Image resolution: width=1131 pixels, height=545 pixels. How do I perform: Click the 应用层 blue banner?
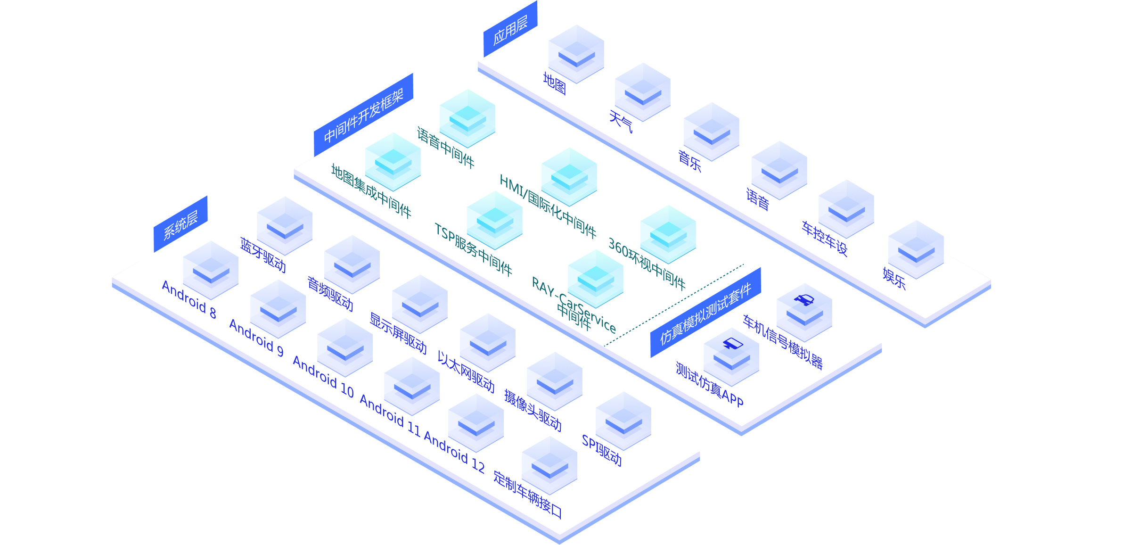[510, 30]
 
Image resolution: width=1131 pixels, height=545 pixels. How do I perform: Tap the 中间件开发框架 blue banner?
[363, 116]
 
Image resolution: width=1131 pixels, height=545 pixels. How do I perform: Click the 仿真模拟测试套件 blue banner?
[705, 314]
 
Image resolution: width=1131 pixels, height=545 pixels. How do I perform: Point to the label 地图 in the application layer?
[554, 84]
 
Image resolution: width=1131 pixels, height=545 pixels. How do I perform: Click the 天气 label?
[621, 122]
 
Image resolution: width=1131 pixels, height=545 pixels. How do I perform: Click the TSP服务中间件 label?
[473, 249]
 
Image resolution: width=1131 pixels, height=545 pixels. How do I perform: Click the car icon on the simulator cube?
[804, 299]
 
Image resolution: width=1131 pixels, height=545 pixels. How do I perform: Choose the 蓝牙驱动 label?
[263, 255]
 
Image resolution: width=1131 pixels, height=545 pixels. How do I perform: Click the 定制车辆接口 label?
[528, 495]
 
